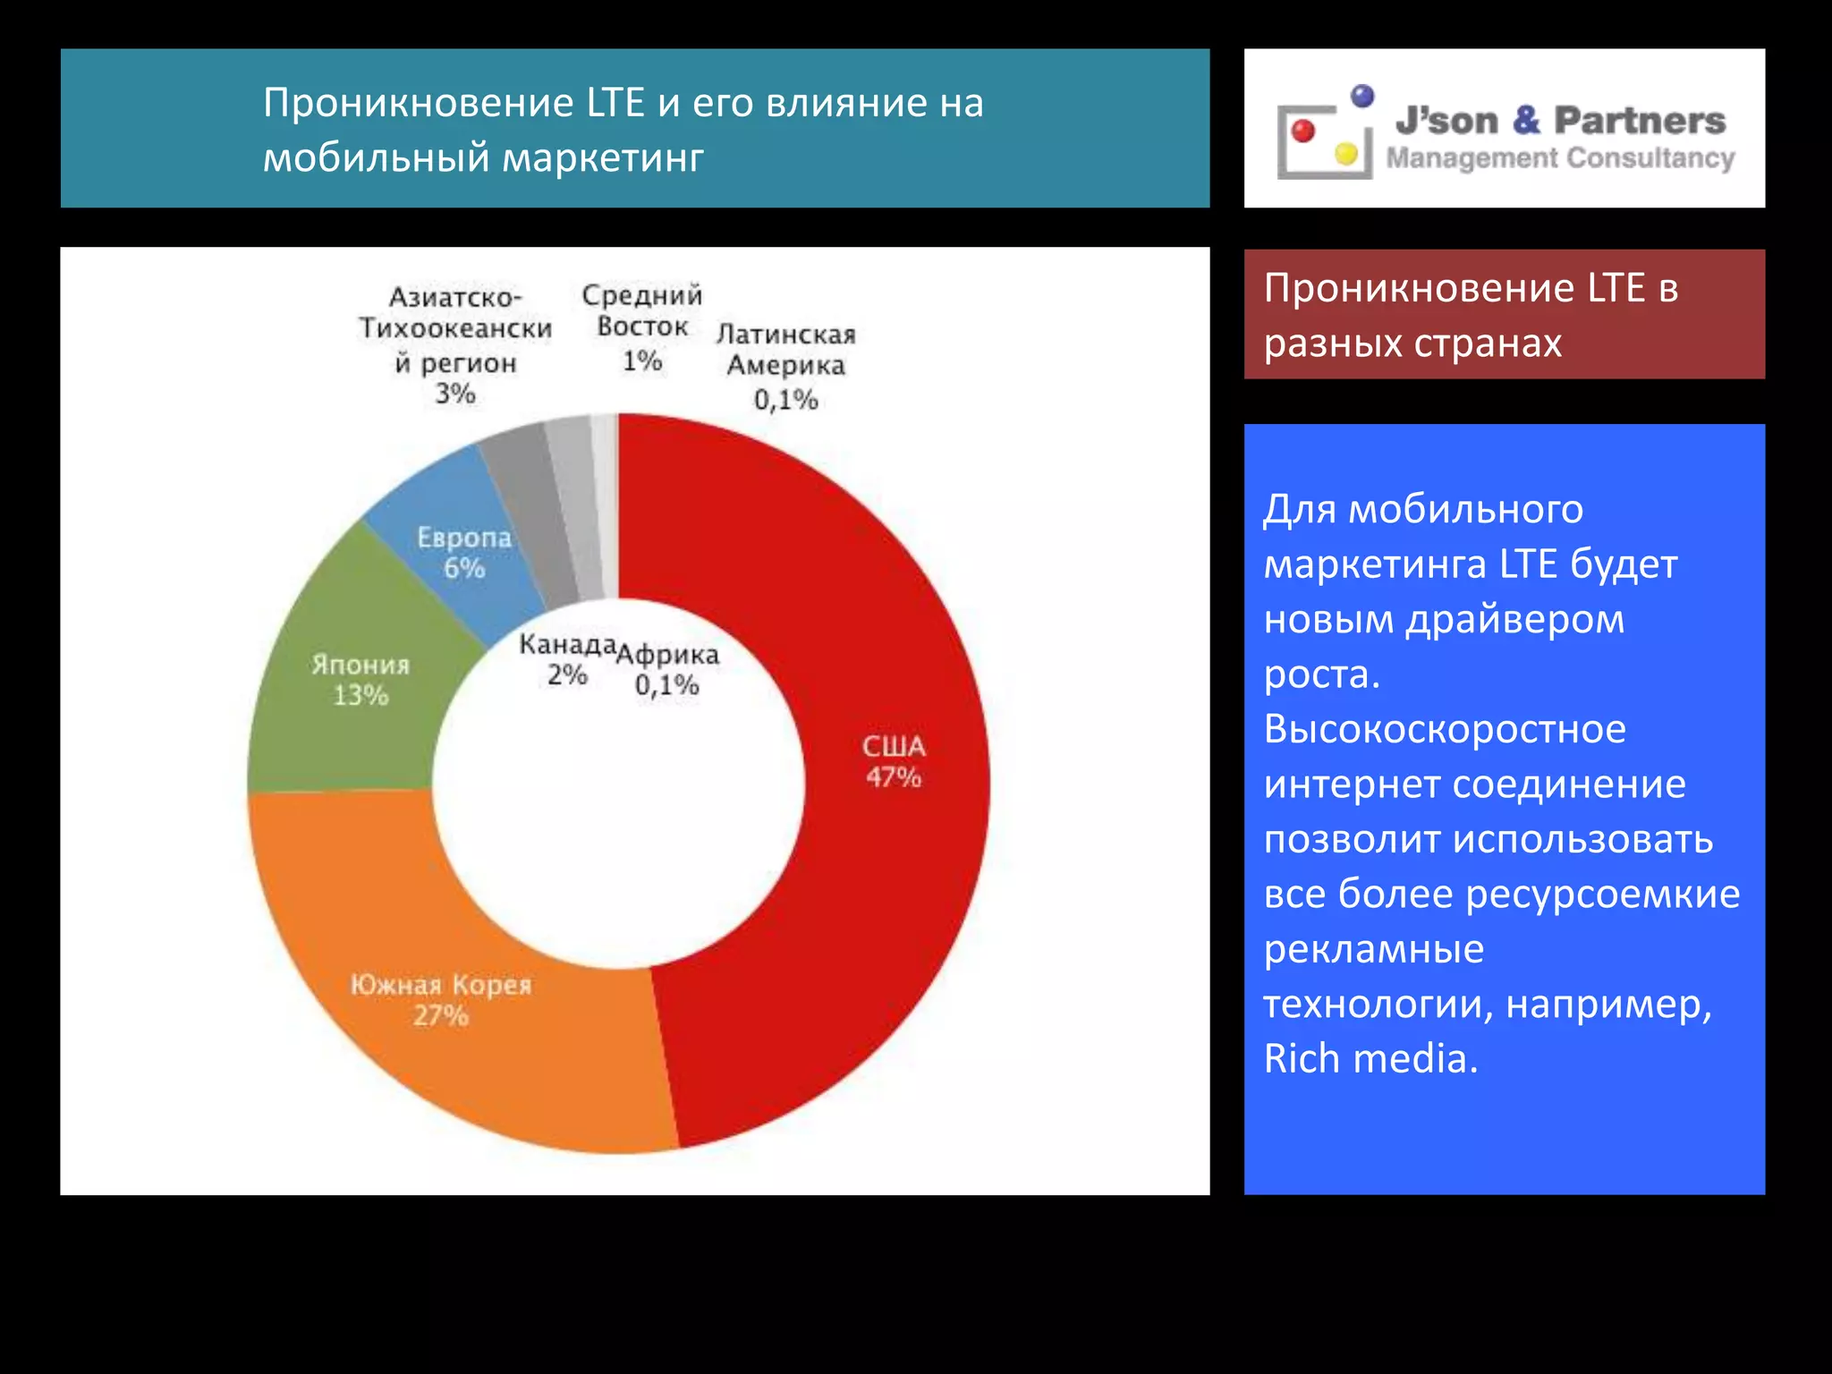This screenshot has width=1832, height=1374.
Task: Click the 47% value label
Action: [893, 777]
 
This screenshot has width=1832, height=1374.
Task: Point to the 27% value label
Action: [440, 1015]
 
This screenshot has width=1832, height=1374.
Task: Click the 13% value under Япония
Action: [360, 695]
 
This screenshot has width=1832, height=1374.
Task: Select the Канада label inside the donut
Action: [567, 644]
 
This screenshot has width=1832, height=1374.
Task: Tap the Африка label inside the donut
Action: [667, 655]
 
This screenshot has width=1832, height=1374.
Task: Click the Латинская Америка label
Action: [785, 350]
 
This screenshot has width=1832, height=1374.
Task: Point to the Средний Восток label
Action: [642, 310]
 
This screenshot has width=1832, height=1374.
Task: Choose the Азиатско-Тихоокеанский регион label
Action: [455, 329]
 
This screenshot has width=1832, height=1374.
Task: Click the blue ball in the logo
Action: [1362, 96]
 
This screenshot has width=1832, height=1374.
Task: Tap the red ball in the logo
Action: [1303, 131]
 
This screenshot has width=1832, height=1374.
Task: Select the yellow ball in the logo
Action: [1346, 154]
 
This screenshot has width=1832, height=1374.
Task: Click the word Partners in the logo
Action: [1640, 120]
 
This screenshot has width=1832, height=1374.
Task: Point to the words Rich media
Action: [1370, 1059]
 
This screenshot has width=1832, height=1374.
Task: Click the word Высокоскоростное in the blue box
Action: [1445, 729]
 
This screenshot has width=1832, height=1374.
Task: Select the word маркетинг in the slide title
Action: [603, 157]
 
